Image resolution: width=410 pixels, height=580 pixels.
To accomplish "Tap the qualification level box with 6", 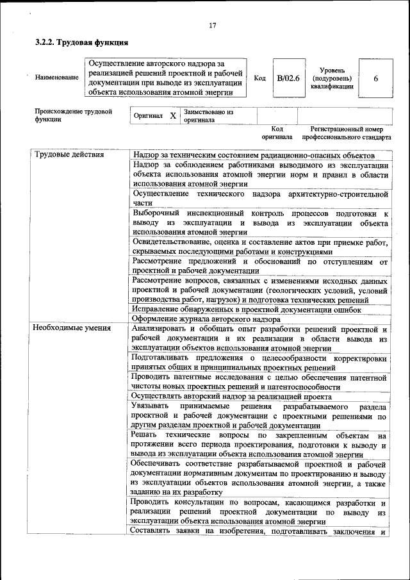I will (x=375, y=78).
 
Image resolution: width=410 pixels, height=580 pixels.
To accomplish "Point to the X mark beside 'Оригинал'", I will (x=172, y=115).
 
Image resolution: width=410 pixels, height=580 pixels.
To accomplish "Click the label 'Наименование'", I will (x=57, y=78).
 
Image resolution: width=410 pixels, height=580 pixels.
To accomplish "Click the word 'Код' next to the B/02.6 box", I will (x=259, y=78).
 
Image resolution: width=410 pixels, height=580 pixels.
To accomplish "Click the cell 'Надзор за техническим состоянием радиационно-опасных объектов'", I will (x=254, y=156).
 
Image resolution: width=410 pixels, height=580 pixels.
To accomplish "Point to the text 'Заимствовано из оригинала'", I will (x=208, y=115).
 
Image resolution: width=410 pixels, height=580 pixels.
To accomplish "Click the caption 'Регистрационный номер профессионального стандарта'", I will (x=346, y=133).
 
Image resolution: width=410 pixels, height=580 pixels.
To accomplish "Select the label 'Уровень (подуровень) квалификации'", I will (x=332, y=78).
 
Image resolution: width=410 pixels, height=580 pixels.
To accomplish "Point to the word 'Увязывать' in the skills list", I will (x=149, y=407).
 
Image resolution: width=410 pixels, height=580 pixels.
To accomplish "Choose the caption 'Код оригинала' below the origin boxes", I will (x=276, y=133).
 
